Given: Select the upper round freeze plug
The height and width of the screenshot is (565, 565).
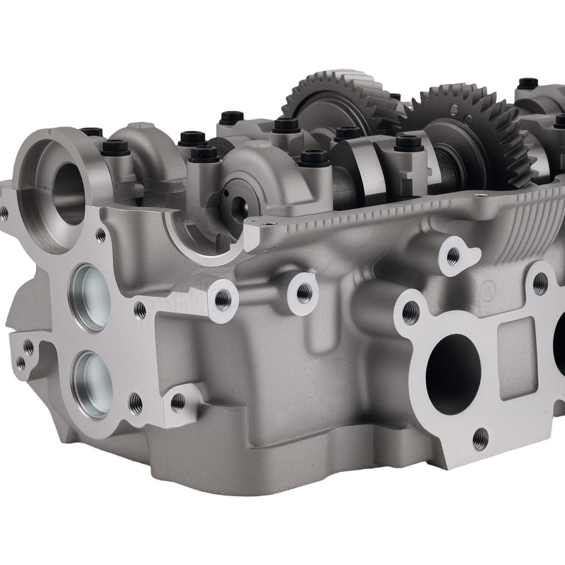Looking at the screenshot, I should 90,297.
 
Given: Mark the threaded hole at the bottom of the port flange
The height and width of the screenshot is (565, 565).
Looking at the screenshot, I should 480,436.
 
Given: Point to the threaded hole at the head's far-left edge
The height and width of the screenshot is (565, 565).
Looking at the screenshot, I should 4,213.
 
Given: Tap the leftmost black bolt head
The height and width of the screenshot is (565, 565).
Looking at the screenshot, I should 90,132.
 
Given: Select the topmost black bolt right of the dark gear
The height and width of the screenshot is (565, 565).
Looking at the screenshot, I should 528,83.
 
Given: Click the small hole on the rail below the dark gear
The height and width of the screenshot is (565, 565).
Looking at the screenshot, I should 481,196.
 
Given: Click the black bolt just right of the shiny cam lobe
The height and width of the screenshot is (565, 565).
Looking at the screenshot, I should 409,142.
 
